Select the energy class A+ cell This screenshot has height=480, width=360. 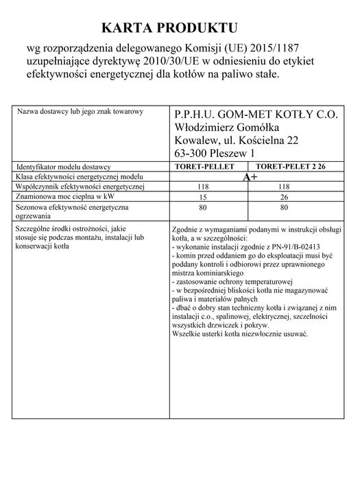coord(250,177)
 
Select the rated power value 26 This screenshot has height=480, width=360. coord(284,197)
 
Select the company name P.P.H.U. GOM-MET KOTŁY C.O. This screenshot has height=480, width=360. coord(256,115)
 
